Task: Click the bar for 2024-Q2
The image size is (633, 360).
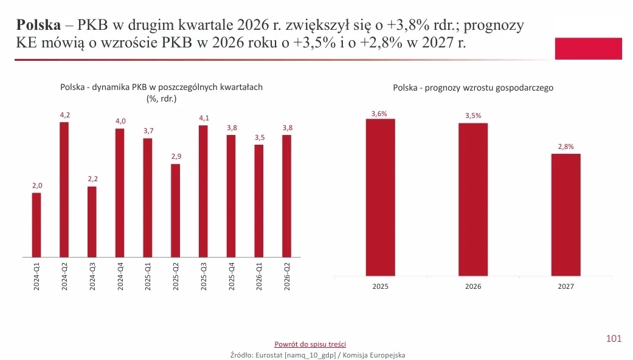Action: (x=64, y=190)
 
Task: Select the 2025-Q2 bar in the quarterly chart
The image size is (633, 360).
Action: (x=175, y=210)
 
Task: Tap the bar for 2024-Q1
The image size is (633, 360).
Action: (x=36, y=225)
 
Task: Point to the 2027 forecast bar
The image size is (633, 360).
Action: (x=566, y=215)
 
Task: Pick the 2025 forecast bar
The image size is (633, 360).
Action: (x=380, y=198)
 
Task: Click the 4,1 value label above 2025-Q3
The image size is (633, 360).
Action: (x=204, y=118)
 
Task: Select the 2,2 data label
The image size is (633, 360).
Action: (x=93, y=179)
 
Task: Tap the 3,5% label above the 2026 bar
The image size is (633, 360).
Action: (x=473, y=116)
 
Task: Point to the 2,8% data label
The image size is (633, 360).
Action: (x=566, y=147)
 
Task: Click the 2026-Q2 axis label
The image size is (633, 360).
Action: (x=287, y=277)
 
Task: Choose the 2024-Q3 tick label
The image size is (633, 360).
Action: (x=92, y=277)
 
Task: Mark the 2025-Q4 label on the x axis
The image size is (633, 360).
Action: (x=231, y=277)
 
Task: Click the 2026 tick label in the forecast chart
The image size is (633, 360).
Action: (x=473, y=286)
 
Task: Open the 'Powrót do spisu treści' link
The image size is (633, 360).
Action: (x=310, y=344)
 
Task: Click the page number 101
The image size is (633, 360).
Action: (x=614, y=339)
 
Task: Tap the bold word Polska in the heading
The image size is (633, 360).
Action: (x=38, y=25)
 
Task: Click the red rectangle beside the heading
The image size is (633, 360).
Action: (x=588, y=49)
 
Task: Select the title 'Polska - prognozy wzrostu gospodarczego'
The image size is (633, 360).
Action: (x=473, y=88)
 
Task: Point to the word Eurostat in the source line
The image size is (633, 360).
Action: (x=269, y=355)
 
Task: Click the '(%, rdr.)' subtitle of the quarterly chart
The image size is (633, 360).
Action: (x=162, y=99)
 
